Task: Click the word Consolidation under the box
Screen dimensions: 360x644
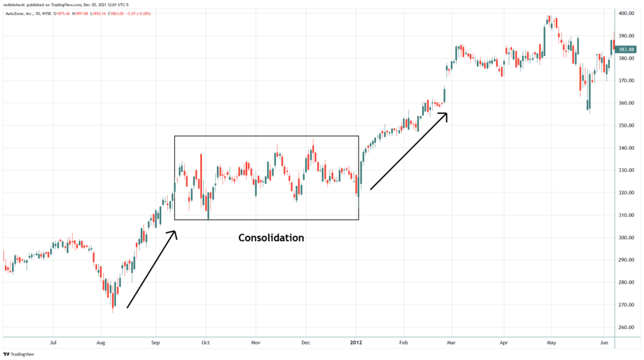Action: coord(271,238)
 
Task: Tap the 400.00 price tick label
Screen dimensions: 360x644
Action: coord(626,13)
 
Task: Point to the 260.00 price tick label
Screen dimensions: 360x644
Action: coord(626,327)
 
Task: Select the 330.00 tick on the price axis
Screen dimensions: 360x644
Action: coord(626,171)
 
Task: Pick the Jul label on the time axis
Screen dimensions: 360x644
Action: coord(53,344)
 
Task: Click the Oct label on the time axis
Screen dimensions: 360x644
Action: coord(206,344)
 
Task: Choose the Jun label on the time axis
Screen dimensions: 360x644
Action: coord(604,344)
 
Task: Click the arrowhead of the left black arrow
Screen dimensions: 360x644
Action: coord(174,233)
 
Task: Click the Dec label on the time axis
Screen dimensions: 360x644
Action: coord(306,344)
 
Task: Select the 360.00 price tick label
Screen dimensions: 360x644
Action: coord(626,103)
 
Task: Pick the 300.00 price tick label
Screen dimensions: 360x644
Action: coord(626,238)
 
